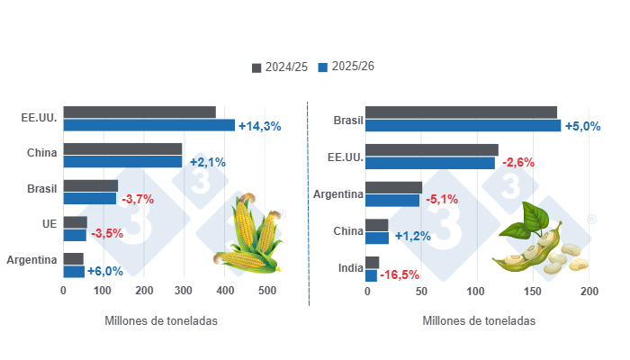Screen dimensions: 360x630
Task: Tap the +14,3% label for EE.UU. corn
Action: point(259,126)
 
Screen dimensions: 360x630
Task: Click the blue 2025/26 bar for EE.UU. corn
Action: point(148,125)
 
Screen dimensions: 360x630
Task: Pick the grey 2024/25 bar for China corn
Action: point(122,148)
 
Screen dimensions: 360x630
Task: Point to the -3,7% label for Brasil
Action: point(138,199)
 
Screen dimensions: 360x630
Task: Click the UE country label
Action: point(49,222)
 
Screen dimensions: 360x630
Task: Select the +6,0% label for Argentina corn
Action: point(104,272)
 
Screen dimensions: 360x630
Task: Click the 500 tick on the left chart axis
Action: point(267,292)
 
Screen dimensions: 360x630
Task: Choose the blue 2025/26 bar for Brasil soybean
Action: point(463,125)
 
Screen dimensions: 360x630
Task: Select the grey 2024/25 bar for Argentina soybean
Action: point(393,187)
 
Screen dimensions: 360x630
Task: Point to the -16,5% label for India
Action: point(400,274)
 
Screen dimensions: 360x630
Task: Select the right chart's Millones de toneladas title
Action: point(478,320)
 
